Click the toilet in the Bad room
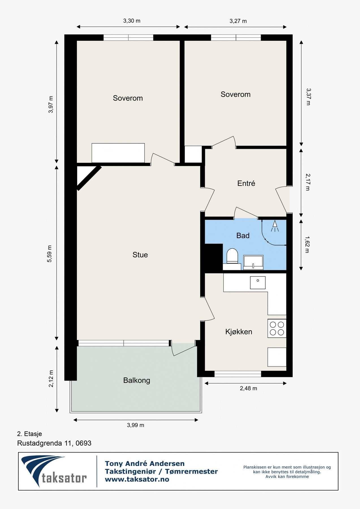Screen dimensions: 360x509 click(232, 256)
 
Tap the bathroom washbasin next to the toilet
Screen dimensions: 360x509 click(253, 262)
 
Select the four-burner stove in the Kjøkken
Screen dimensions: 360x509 click(277, 328)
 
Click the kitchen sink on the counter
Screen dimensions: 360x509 click(258, 282)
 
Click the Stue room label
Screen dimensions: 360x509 click(140, 255)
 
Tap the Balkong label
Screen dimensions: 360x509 click(137, 380)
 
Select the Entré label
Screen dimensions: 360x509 click(246, 183)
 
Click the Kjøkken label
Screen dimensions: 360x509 click(239, 332)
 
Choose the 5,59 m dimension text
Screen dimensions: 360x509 click(50, 254)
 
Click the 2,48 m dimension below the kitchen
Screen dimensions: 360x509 click(249, 388)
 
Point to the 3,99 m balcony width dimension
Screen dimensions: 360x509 click(135, 425)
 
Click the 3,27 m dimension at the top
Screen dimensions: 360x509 click(238, 21)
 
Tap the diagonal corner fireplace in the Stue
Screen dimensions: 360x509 click(88, 178)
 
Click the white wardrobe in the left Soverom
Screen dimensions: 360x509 click(118, 153)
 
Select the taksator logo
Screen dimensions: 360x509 click(54, 471)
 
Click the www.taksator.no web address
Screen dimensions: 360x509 click(137, 479)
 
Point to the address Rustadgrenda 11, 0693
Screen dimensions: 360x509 click(54, 443)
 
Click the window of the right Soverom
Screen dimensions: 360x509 click(236, 38)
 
